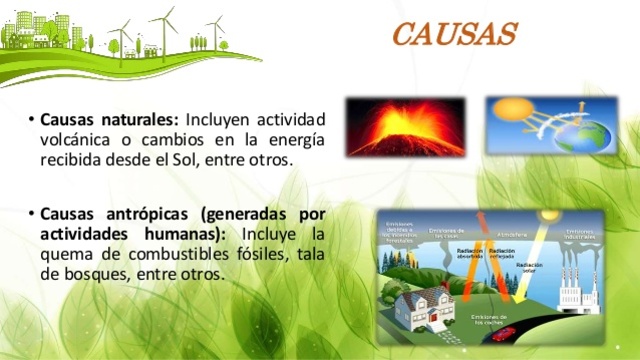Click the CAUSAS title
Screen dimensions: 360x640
pos(456,36)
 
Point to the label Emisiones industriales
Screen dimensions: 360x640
pos(583,234)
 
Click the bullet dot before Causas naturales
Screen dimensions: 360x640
pos(33,120)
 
